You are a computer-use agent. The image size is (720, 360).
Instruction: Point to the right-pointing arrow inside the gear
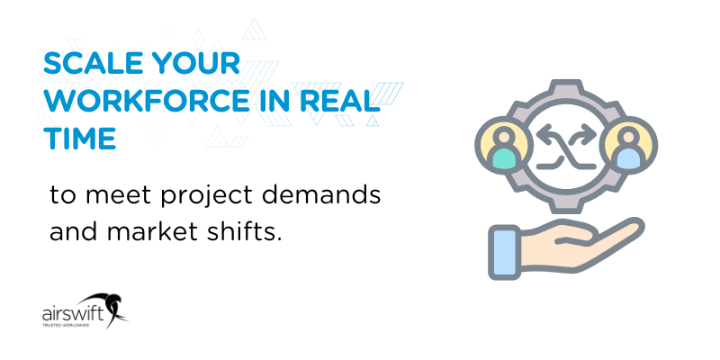click(x=580, y=134)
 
